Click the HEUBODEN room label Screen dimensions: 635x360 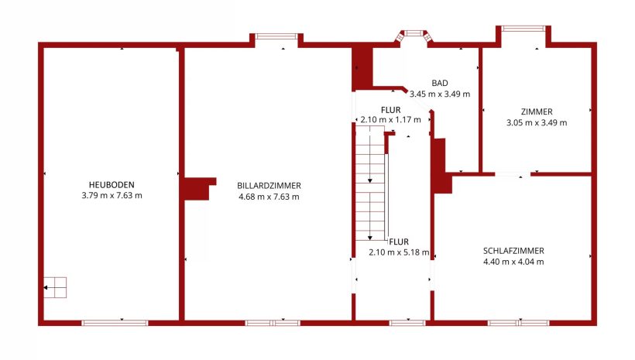[112, 185]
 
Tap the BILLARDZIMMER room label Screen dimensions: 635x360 [269, 186]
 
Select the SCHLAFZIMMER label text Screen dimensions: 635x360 [513, 251]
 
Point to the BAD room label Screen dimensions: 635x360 [440, 83]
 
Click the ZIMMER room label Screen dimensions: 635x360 [537, 111]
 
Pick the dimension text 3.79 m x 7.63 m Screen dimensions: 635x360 [112, 196]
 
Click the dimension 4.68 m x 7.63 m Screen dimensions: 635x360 [269, 197]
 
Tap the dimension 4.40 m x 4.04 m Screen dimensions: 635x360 [513, 262]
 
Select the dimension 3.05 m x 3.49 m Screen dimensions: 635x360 [537, 122]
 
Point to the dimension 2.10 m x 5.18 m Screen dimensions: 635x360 [399, 252]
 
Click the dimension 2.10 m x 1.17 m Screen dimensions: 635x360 [391, 120]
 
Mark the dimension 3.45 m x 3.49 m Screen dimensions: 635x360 [440, 94]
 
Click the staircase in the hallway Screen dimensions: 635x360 [370, 183]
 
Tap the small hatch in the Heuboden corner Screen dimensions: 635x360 [55, 287]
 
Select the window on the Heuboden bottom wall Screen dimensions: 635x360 [115, 323]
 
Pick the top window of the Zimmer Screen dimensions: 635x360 [523, 29]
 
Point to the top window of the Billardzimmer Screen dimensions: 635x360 [276, 36]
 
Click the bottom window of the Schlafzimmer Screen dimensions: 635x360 [518, 323]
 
